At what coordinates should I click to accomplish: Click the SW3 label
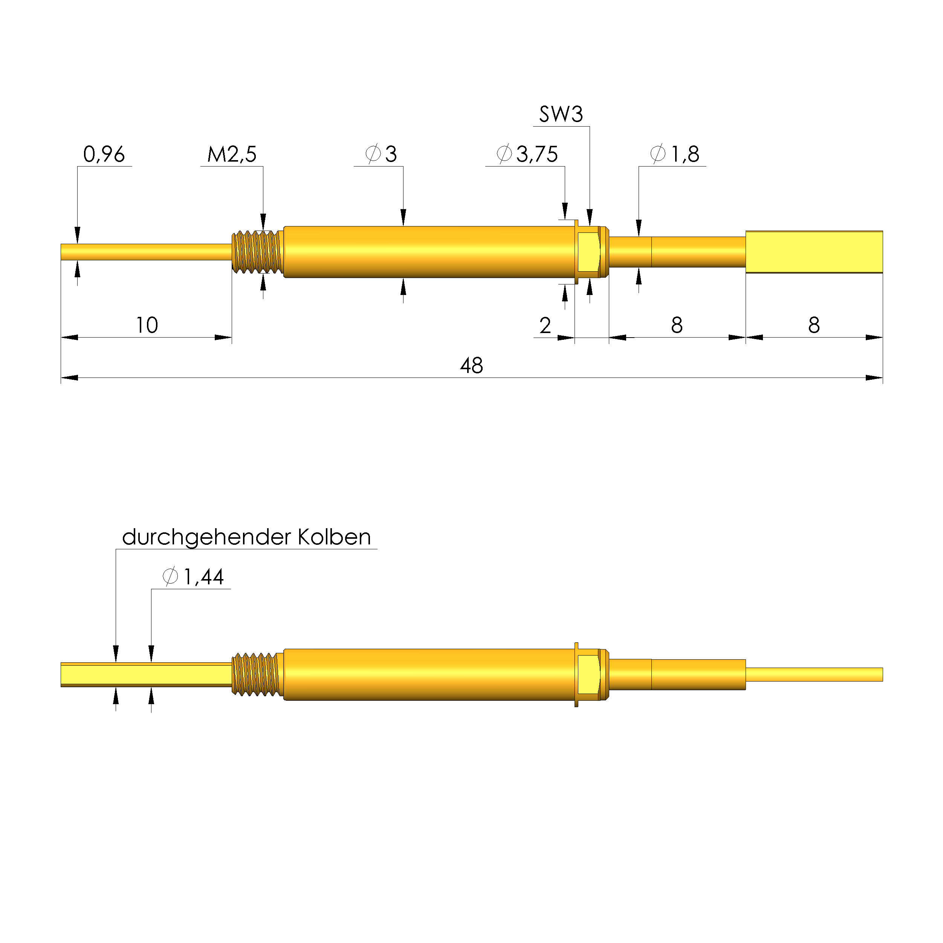tap(561, 114)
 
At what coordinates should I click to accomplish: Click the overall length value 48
tap(472, 365)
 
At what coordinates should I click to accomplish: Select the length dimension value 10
tap(147, 325)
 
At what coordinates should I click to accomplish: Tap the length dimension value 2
tap(545, 326)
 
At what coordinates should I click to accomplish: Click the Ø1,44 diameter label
tap(194, 577)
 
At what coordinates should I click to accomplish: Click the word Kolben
tap(334, 537)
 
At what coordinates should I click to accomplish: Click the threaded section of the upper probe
tap(257, 252)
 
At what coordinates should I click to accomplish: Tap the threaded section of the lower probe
tap(257, 674)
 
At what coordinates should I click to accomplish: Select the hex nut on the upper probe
tap(588, 252)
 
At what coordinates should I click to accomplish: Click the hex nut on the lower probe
tap(588, 674)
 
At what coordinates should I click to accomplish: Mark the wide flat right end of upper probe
tap(814, 252)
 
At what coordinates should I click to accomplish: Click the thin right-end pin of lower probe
tap(814, 674)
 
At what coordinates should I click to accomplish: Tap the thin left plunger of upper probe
tap(147, 252)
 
